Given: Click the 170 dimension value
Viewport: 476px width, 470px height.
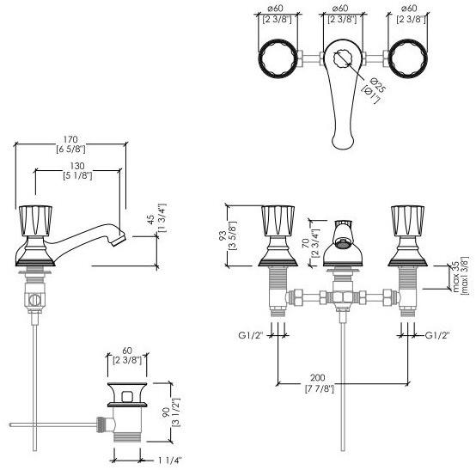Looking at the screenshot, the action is click(70, 140).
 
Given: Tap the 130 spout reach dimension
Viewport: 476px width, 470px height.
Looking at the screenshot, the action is click(77, 166).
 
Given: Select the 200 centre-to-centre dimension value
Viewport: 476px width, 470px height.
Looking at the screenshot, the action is click(318, 378).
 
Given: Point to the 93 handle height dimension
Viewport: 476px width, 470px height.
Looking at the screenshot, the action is click(223, 236).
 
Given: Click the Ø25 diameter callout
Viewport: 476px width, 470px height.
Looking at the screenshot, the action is click(377, 85).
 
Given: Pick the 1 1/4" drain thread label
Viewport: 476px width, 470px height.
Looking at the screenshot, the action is click(170, 461).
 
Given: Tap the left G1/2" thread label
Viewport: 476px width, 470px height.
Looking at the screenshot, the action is click(250, 335).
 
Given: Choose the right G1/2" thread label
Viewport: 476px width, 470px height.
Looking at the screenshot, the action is click(437, 335).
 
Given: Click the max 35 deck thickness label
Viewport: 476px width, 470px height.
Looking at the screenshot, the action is click(455, 277).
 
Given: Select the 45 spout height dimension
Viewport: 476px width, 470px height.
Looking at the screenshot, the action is click(150, 219).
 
